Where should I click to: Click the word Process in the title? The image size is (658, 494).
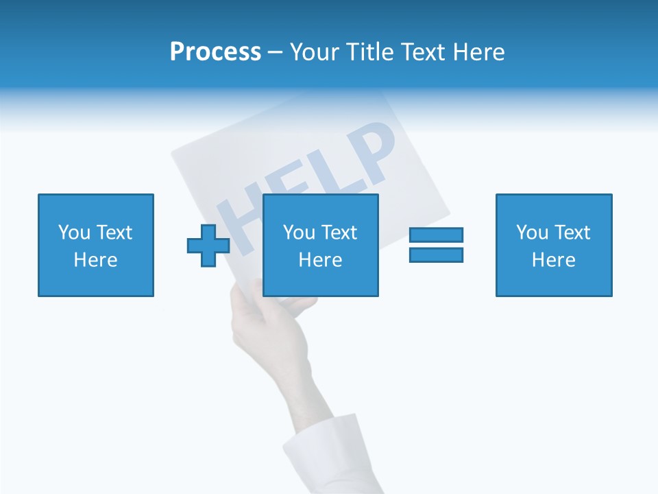[x=215, y=52]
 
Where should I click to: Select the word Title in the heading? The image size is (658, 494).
[x=369, y=52]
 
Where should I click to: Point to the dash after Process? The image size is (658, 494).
[x=276, y=53]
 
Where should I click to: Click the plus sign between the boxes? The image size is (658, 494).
[x=208, y=245]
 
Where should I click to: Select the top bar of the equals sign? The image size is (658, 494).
[x=436, y=235]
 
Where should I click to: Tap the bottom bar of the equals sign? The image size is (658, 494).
[x=436, y=255]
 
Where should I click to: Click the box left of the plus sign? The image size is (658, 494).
[x=96, y=245]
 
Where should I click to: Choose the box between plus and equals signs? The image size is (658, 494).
[x=321, y=245]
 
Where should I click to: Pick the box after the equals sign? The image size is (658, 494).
[x=554, y=245]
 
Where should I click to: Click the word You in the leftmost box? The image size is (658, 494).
[x=74, y=233]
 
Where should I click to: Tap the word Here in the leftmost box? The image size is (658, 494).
[x=96, y=260]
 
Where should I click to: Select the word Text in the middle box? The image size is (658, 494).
[x=339, y=233]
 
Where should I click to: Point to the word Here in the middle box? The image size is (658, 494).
[x=321, y=260]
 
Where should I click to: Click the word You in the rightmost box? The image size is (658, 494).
[x=532, y=233]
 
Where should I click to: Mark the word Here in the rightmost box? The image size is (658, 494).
[x=554, y=260]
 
